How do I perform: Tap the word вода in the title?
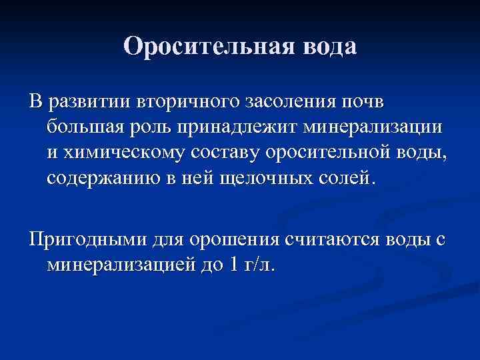329,47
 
